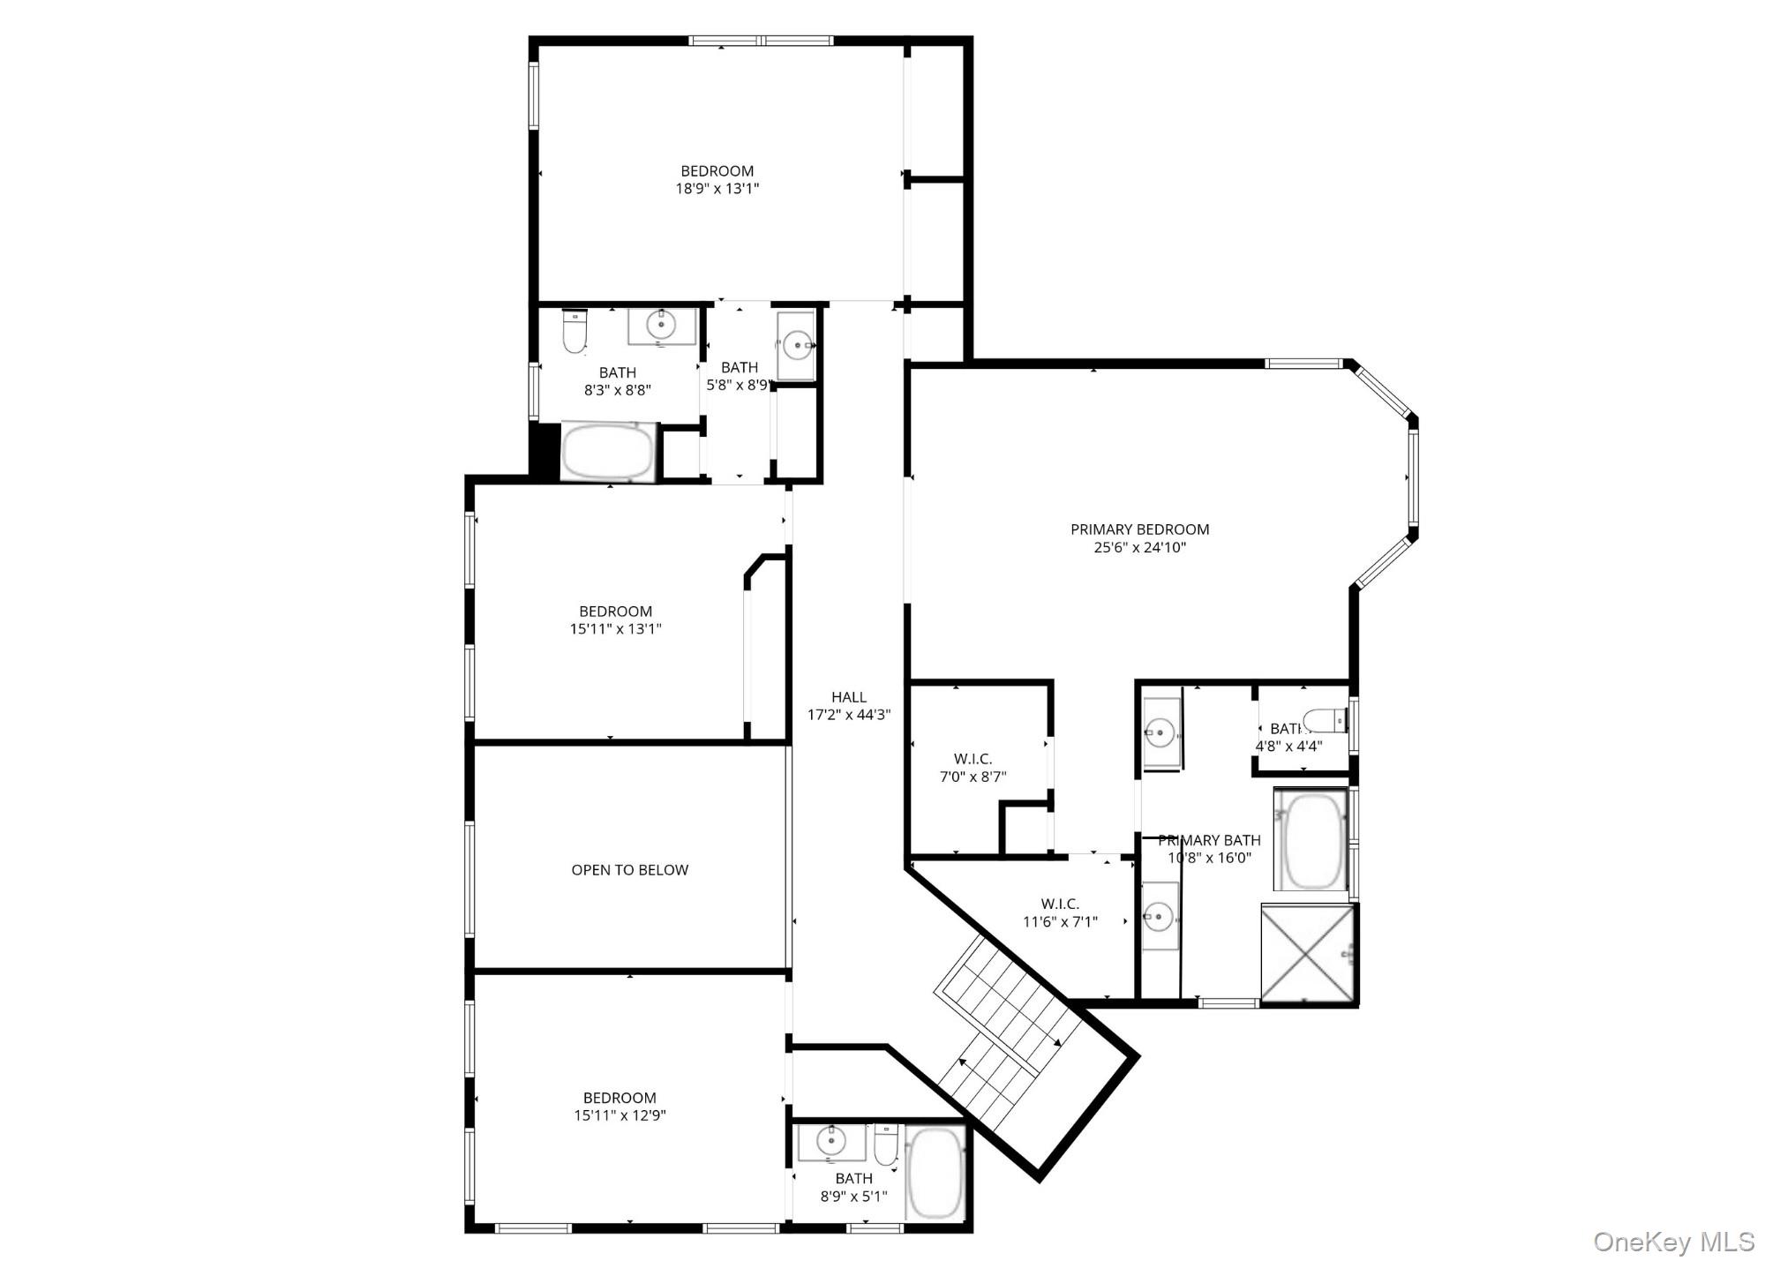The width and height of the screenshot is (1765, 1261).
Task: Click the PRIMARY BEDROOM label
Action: pyautogui.click(x=1139, y=529)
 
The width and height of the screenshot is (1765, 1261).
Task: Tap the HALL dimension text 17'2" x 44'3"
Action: pyautogui.click(x=849, y=715)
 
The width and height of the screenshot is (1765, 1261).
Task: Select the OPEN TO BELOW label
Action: pyautogui.click(x=629, y=870)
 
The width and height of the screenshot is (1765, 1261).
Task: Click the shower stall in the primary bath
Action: pyautogui.click(x=1308, y=953)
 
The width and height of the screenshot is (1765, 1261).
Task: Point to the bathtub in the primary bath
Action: pyautogui.click(x=1311, y=841)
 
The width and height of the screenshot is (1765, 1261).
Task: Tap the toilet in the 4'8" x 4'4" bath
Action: pyautogui.click(x=1326, y=720)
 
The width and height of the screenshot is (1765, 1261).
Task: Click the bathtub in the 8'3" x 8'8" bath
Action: pyautogui.click(x=608, y=453)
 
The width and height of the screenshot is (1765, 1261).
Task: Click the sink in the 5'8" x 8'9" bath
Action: pyautogui.click(x=797, y=343)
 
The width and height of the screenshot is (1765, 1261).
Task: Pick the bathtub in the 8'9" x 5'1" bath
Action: pyautogui.click(x=934, y=1173)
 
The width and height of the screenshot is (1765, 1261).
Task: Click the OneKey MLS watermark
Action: pyautogui.click(x=1673, y=1242)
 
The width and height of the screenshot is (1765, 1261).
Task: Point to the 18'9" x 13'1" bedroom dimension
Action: pyautogui.click(x=717, y=189)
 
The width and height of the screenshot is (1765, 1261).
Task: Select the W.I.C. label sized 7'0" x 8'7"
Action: pyautogui.click(x=973, y=759)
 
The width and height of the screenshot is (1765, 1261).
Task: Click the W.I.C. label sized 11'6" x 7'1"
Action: pyautogui.click(x=1060, y=904)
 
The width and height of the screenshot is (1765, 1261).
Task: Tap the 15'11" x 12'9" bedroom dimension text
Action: pyautogui.click(x=620, y=1115)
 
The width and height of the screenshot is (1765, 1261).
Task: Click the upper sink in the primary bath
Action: pyautogui.click(x=1160, y=732)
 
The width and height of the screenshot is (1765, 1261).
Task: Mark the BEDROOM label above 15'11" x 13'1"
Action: pyautogui.click(x=615, y=612)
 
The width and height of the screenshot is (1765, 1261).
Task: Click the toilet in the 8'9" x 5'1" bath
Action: pyautogui.click(x=886, y=1145)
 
